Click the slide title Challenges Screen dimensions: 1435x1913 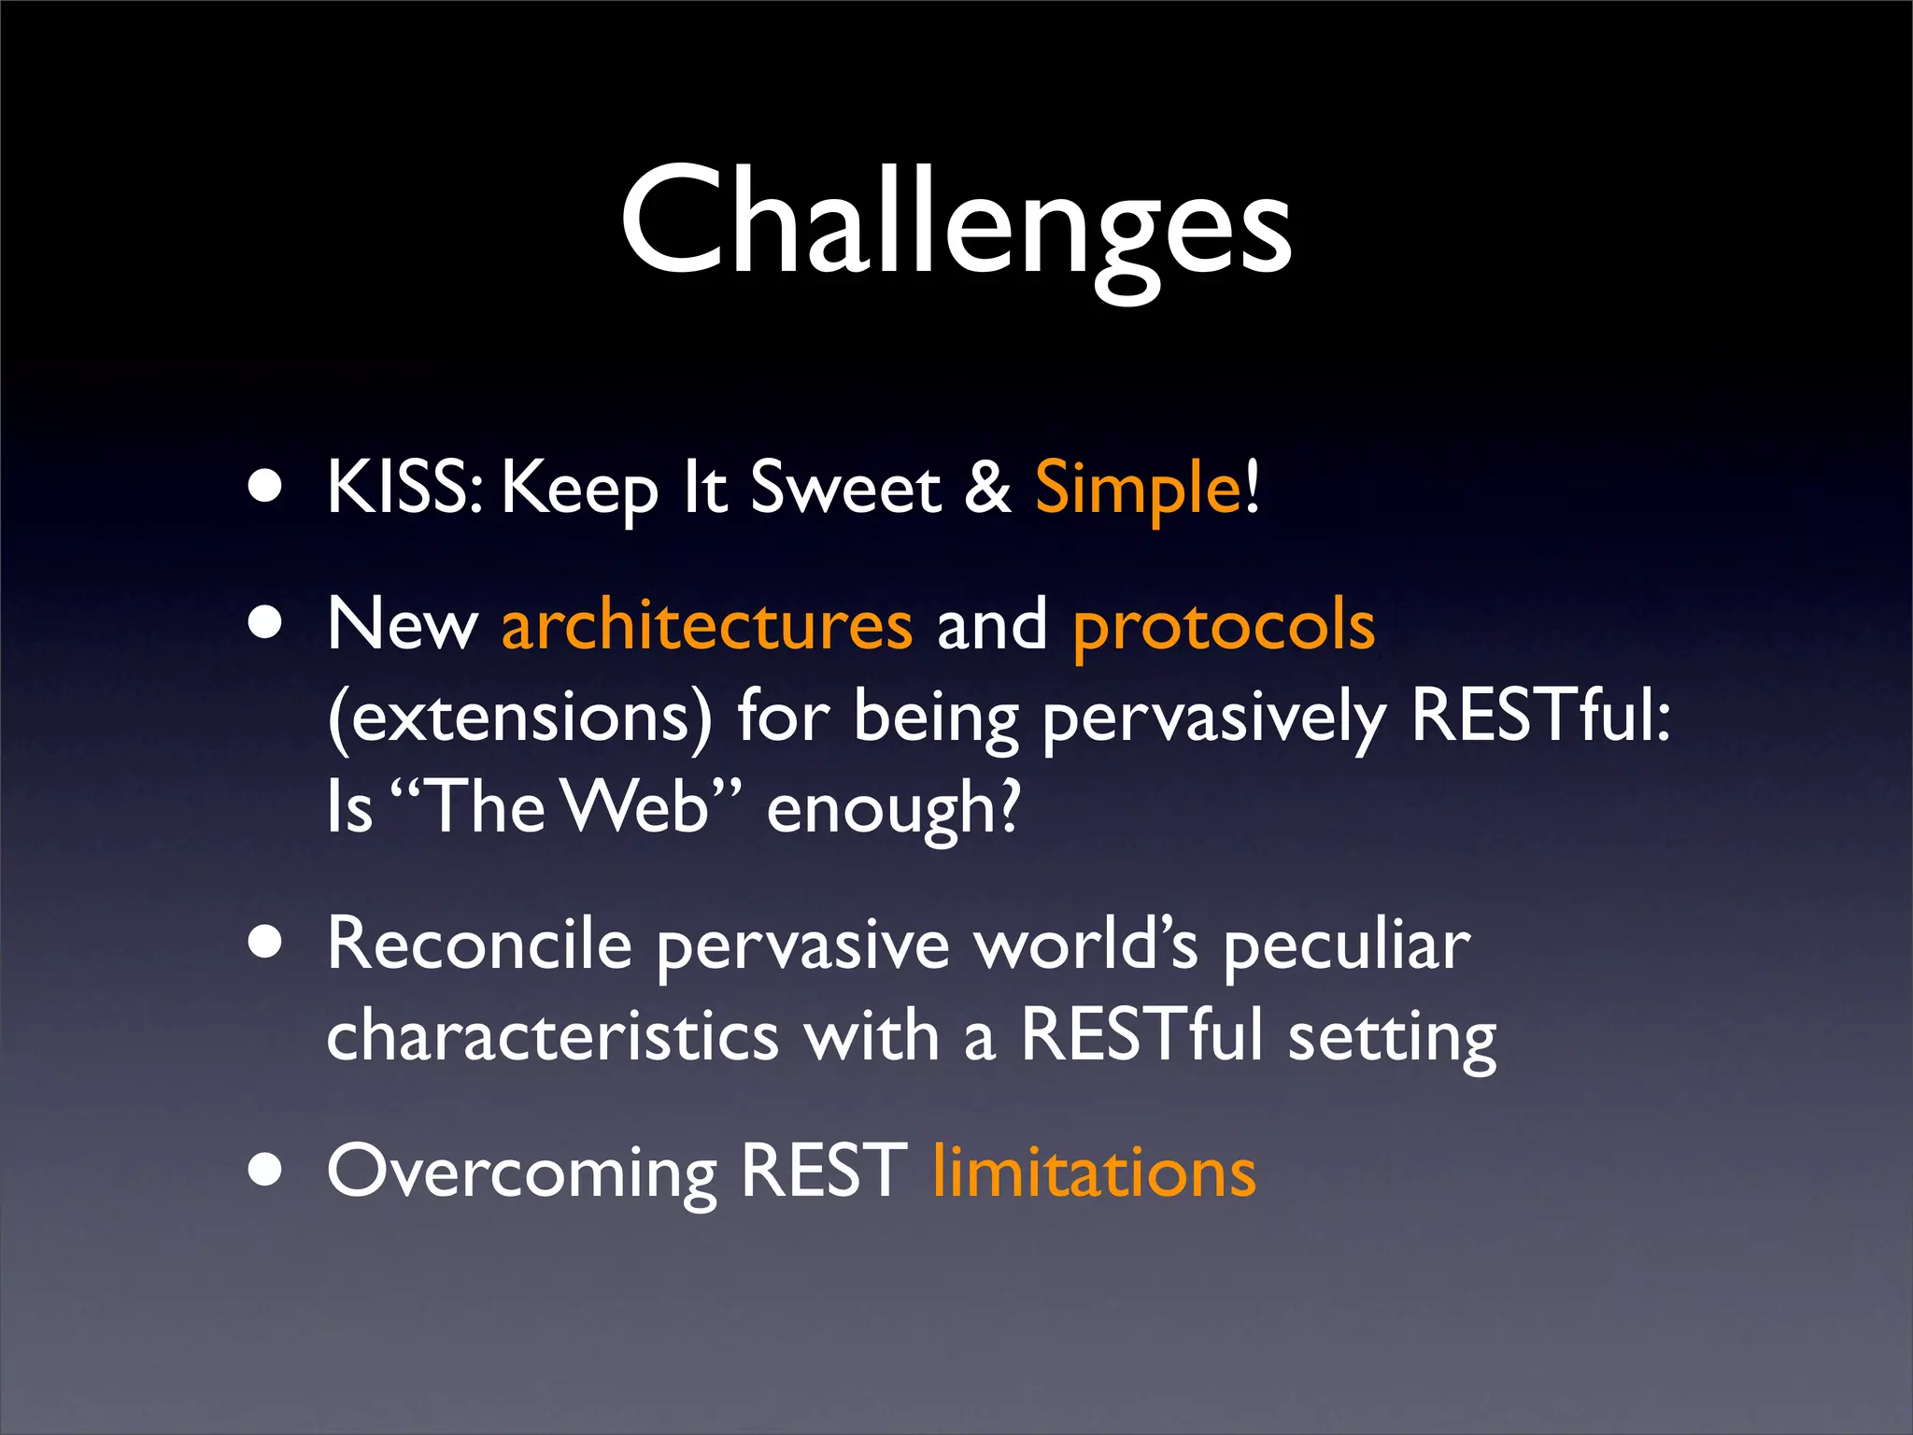point(956,221)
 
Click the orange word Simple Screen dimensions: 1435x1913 point(1137,488)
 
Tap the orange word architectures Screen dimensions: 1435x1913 point(706,625)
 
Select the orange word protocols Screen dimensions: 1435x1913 point(1224,625)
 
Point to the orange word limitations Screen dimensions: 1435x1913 point(1094,1172)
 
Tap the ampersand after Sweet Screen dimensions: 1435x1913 point(987,488)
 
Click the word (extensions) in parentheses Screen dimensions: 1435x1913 point(519,717)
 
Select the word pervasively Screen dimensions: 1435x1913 point(1213,717)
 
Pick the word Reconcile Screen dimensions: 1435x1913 point(479,945)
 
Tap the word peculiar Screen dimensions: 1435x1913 point(1346,945)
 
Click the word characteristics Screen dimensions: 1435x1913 point(552,1037)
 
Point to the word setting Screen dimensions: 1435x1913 point(1392,1037)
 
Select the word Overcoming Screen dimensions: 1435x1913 point(521,1172)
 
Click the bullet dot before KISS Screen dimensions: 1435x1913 point(266,488)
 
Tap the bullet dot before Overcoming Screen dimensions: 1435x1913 point(266,1170)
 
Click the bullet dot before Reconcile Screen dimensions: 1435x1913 point(266,944)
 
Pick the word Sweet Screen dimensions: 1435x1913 point(845,488)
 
